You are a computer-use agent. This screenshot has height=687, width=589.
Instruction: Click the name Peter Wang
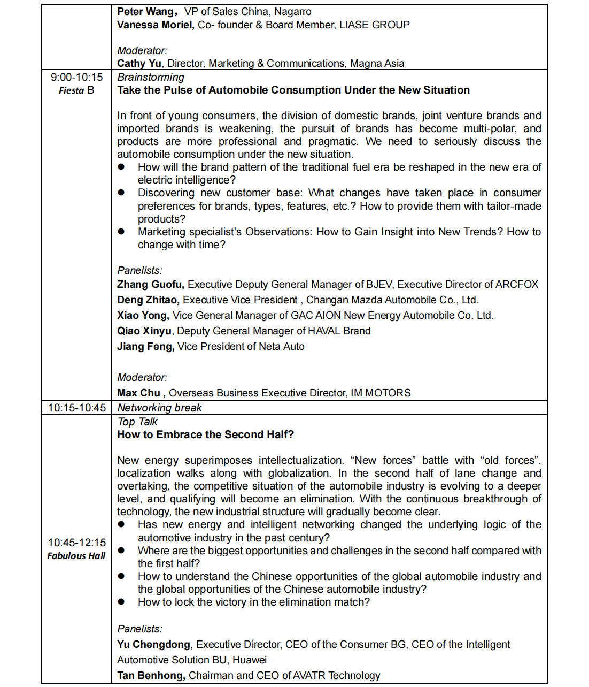point(145,12)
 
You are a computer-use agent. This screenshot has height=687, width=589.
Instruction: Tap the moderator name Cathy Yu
point(139,64)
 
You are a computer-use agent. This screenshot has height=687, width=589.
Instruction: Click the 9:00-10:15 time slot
point(76,78)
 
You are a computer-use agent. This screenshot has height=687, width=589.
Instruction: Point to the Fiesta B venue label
point(76,90)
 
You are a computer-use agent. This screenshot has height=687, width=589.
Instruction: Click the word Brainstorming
point(151,78)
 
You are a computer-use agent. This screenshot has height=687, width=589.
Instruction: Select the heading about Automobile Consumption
point(293,90)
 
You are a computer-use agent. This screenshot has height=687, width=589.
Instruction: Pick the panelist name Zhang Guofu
point(150,285)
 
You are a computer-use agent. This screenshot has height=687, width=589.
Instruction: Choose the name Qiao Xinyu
point(144,331)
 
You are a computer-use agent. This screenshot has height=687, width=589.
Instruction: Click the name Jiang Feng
point(145,347)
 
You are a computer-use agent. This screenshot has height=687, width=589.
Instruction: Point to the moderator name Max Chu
point(141,393)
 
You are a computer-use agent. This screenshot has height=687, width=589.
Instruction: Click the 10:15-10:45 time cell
point(76,408)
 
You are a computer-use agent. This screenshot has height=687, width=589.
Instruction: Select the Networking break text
point(159,408)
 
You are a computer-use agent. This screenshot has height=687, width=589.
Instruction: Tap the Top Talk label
point(137,422)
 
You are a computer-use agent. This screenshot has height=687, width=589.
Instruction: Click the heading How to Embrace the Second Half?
point(205,435)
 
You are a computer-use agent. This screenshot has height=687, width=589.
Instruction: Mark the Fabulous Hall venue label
point(76,556)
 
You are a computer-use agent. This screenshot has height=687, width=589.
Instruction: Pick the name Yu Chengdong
point(153,645)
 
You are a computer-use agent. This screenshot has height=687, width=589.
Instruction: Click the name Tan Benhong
point(151,676)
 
